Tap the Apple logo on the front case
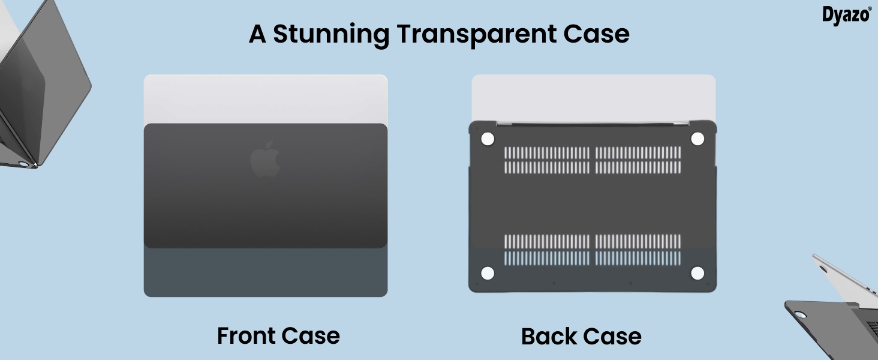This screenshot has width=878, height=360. click(x=265, y=159)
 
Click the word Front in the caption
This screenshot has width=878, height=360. click(x=246, y=335)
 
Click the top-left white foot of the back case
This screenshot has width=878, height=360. click(x=488, y=139)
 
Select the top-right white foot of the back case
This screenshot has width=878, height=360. click(x=697, y=139)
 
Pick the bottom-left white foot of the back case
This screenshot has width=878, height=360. click(x=488, y=274)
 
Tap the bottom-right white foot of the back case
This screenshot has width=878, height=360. click(x=697, y=274)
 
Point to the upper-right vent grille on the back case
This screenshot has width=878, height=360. click(x=638, y=160)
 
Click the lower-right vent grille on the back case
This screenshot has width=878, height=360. click(x=638, y=250)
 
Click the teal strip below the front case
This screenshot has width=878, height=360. click(x=265, y=273)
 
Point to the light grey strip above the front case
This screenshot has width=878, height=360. click(x=265, y=98)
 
